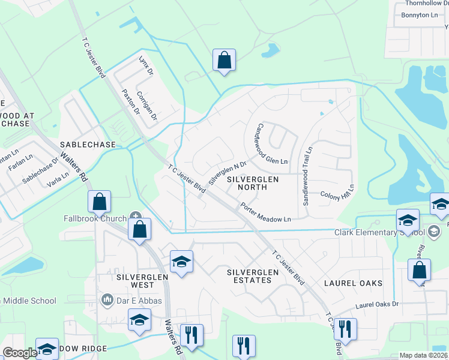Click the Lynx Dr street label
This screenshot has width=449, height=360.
point(146,66)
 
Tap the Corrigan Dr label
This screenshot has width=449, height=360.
point(147,104)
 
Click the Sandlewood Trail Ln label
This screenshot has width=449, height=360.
point(307,176)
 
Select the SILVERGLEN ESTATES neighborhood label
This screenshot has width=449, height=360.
point(253,276)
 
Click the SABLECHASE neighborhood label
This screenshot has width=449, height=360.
point(83,145)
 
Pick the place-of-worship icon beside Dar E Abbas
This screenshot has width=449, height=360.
point(108,299)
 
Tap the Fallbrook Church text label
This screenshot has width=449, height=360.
point(95,218)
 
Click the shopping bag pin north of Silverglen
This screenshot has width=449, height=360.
point(224,61)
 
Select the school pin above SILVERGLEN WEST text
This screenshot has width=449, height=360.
point(181,262)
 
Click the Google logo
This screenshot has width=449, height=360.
point(20,353)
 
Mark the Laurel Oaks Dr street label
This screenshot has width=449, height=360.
point(377,305)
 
